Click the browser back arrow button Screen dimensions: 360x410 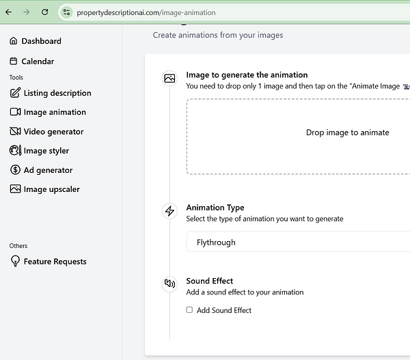click(8, 12)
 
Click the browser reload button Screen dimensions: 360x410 click(45, 12)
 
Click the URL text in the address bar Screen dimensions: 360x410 click(146, 12)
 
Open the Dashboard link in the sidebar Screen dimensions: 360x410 click(41, 41)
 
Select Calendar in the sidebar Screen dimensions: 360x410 click(38, 61)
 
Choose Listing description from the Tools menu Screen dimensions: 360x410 click(57, 93)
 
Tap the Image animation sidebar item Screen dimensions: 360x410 click(55, 112)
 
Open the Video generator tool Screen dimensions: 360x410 click(53, 131)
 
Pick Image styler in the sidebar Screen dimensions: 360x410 click(46, 151)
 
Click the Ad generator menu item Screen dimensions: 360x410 click(48, 170)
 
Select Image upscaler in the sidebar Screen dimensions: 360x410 click(51, 189)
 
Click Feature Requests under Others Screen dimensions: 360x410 click(55, 262)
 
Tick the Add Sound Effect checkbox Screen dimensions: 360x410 click(189, 310)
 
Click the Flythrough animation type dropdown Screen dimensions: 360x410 click(298, 243)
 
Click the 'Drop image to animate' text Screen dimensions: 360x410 click(347, 133)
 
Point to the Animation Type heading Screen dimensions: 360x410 click(215, 208)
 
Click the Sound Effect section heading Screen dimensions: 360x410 click(209, 281)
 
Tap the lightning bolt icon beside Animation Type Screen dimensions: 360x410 click(169, 211)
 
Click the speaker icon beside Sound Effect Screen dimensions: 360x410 click(169, 283)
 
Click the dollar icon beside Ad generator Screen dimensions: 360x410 click(15, 170)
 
